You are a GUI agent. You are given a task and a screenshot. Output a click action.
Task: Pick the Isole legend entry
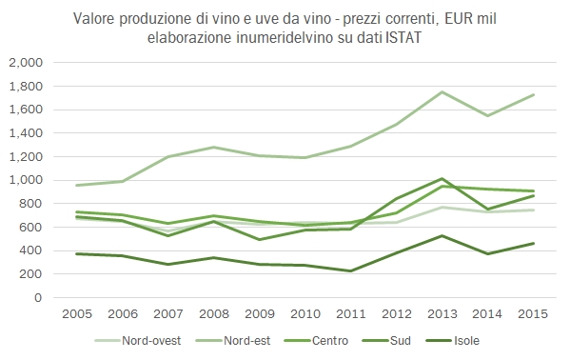tap(468, 339)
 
